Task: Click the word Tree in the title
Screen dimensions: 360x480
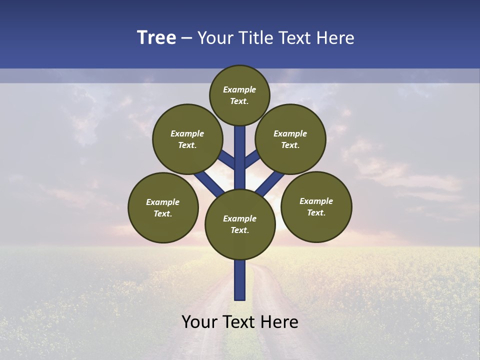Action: (x=156, y=38)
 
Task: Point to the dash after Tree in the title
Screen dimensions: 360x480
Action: (x=186, y=38)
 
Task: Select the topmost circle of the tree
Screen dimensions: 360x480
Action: (x=239, y=95)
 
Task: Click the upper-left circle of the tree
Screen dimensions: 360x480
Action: (x=187, y=139)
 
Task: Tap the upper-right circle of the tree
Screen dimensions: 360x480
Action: (x=290, y=139)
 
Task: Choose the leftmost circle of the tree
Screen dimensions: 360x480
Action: (x=163, y=207)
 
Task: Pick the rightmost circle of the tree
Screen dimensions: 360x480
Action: (x=316, y=206)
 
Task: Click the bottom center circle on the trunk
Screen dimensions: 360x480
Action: (x=240, y=224)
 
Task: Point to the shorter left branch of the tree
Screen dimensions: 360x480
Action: (x=227, y=160)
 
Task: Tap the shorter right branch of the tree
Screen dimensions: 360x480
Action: (x=252, y=159)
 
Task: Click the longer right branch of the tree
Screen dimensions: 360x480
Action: (x=270, y=183)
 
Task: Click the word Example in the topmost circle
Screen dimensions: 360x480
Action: (x=239, y=90)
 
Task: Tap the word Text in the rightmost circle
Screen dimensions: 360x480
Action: (x=316, y=212)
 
